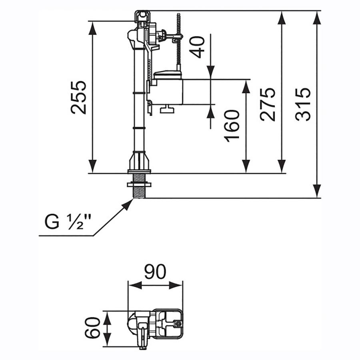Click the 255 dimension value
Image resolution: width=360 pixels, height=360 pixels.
78,97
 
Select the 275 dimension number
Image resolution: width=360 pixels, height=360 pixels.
268,104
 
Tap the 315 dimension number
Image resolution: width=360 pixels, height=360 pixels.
303,104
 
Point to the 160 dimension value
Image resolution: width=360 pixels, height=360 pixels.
232,126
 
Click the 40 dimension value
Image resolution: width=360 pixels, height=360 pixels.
198,47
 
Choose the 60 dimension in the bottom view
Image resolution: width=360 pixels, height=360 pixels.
92,328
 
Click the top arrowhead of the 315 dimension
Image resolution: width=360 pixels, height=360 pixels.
317,17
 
